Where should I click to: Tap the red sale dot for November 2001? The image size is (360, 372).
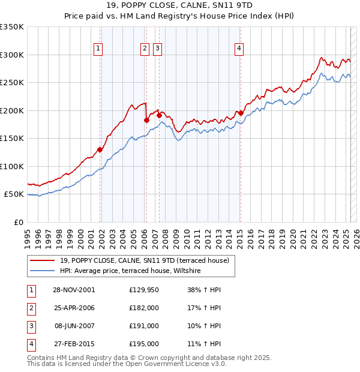point(100,150)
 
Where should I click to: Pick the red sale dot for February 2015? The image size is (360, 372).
point(241,113)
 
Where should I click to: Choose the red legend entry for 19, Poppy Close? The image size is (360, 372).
point(144,260)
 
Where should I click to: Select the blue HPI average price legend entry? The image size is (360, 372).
point(130,271)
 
